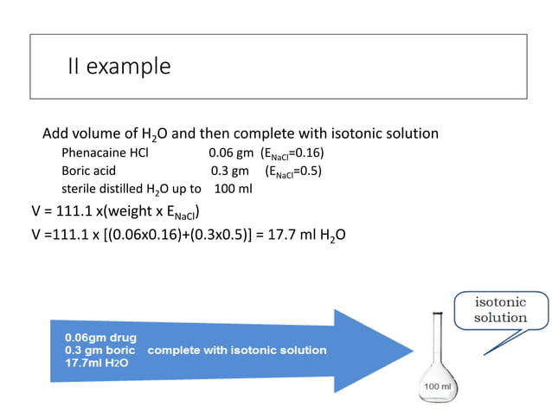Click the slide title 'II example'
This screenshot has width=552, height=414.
(x=119, y=66)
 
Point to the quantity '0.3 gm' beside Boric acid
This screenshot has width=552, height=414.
(x=229, y=171)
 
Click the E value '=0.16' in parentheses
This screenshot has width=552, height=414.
(x=306, y=153)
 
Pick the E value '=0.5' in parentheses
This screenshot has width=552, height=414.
(x=307, y=171)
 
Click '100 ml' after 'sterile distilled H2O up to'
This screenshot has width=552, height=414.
(x=232, y=188)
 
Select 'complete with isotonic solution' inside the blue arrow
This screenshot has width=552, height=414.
(x=237, y=350)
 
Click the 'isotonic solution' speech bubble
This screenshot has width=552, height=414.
(x=499, y=310)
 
